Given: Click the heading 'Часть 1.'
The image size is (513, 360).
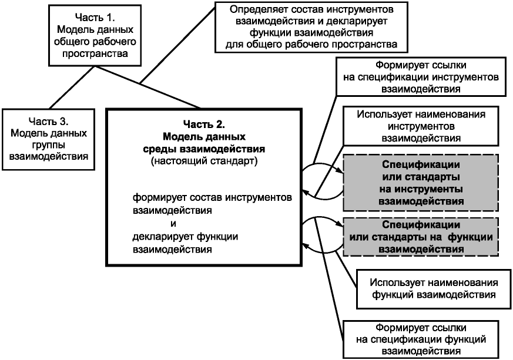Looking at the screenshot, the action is (95, 18).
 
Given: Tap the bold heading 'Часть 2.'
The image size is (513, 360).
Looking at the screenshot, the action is (204, 125).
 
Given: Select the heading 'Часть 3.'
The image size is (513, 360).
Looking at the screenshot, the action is (48, 122).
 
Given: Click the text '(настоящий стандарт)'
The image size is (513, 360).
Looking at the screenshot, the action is (204, 161).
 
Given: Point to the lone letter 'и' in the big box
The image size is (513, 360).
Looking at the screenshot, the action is (173, 224).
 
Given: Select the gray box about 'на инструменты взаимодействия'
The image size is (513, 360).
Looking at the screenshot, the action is (421, 183).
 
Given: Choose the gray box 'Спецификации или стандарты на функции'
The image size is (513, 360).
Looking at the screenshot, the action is (421, 237).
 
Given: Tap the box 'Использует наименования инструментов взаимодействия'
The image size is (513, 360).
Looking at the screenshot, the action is (421, 126).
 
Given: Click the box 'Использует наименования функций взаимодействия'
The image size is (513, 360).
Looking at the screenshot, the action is (434, 289).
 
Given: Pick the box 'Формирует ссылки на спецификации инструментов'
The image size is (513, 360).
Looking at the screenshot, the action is (421, 77).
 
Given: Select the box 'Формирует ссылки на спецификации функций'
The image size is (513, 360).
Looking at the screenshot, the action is (421, 339).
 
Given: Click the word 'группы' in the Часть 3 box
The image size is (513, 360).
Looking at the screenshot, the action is (48, 145).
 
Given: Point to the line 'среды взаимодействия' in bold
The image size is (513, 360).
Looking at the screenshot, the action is (204, 149).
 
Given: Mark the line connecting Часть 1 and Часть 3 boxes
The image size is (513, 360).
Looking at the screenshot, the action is (72, 88).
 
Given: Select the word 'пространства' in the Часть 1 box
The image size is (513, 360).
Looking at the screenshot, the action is (95, 53).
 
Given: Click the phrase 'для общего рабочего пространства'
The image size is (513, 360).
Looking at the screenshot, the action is (311, 44).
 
